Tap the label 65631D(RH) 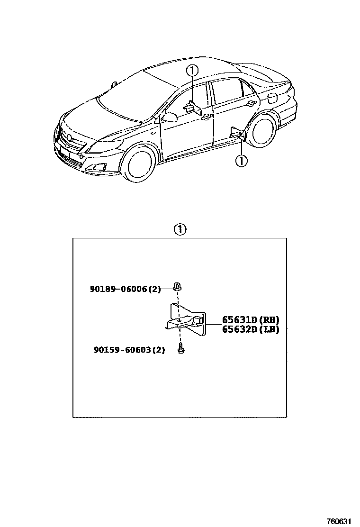[251, 320]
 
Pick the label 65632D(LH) [251, 329]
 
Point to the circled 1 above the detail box [180, 230]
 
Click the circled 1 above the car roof [191, 71]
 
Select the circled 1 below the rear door [241, 161]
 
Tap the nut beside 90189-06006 [177, 287]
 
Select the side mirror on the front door [169, 117]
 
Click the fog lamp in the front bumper [100, 167]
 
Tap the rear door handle [250, 103]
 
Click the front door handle [205, 117]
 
